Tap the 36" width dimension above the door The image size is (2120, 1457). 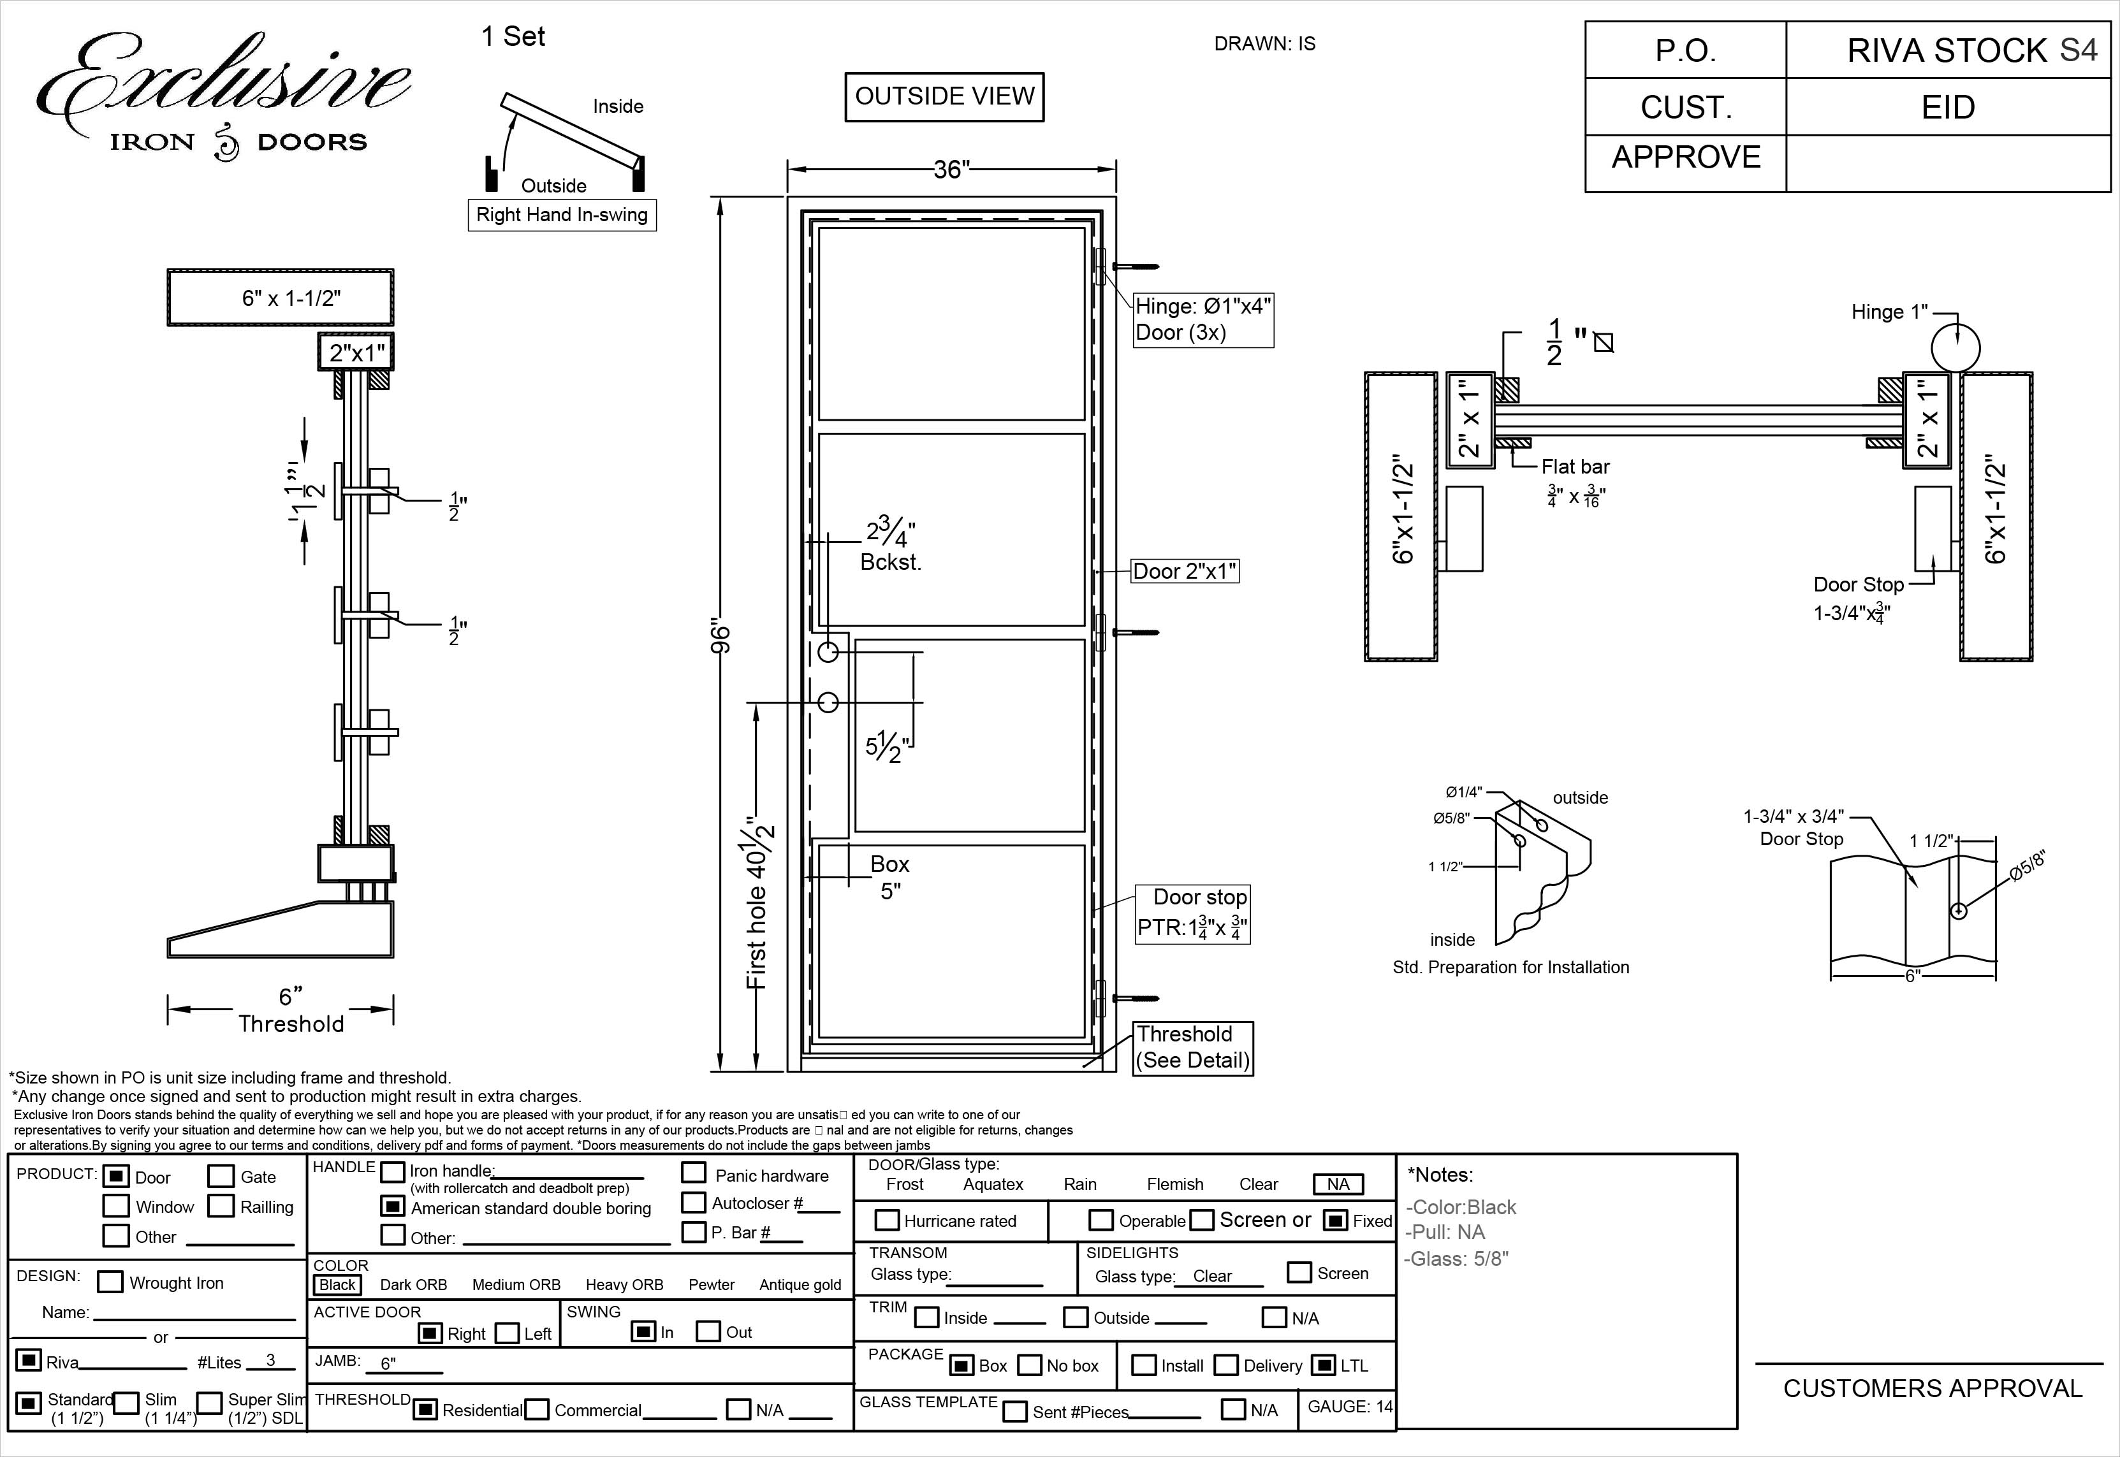click(951, 169)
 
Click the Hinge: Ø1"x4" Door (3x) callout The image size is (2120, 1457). click(1203, 319)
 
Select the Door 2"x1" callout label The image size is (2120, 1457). click(1184, 572)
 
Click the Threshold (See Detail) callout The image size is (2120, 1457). click(1192, 1047)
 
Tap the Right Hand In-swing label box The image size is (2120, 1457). click(562, 215)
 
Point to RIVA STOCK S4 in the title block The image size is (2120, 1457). click(1970, 50)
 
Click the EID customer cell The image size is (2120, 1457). click(1947, 108)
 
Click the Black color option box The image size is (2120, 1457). click(337, 1284)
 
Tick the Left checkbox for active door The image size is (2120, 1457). click(508, 1333)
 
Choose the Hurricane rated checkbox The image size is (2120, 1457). click(886, 1220)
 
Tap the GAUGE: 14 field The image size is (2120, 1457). click(1349, 1406)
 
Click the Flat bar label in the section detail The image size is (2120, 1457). click(1575, 467)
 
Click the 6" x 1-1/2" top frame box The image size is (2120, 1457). click(281, 298)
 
